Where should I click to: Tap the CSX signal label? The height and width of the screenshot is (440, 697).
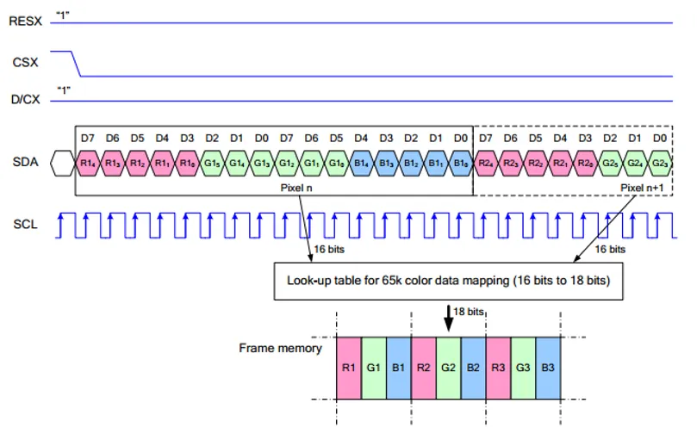24,62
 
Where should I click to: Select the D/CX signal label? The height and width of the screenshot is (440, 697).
25,100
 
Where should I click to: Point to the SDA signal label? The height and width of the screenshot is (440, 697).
24,161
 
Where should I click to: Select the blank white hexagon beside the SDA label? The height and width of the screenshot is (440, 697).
63,161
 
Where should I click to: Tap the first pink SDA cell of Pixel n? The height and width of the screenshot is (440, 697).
88,161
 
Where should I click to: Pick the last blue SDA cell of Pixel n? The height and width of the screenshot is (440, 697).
461,161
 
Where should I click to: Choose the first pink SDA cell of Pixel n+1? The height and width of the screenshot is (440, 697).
486,161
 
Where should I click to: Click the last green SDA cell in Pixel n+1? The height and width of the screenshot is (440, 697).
660,161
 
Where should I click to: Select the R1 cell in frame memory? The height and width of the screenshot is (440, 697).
348,368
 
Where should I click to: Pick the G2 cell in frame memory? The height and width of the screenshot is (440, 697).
448,368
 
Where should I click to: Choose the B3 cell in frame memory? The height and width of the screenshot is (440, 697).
548,368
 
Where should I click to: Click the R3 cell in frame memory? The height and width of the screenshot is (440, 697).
498,368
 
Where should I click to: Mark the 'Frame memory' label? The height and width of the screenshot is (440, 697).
280,349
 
